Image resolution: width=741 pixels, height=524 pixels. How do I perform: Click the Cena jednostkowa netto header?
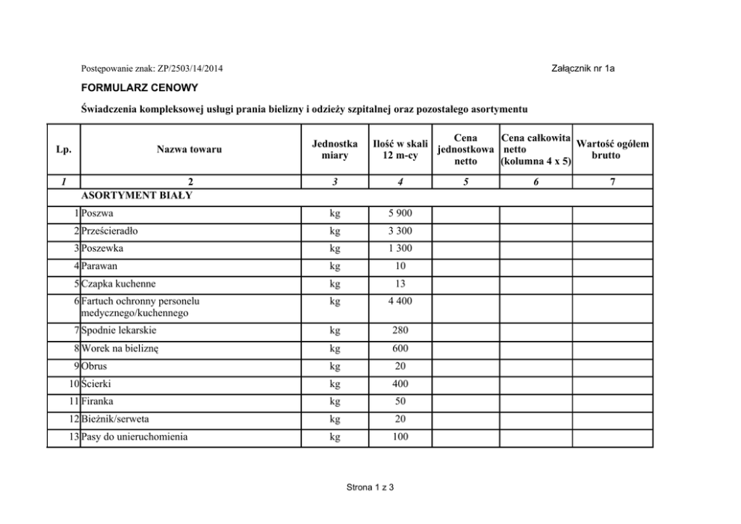point(465,150)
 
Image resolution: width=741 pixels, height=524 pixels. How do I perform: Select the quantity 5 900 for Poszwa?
point(400,214)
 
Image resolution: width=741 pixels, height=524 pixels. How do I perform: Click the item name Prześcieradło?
point(111,231)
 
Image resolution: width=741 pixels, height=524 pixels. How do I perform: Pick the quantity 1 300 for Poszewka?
point(400,248)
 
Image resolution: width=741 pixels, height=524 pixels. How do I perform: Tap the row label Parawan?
point(101,266)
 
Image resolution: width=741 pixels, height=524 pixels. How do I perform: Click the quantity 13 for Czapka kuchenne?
point(400,283)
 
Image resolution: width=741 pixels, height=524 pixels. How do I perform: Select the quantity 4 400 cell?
point(400,301)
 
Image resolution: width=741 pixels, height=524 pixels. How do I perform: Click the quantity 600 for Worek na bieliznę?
point(400,348)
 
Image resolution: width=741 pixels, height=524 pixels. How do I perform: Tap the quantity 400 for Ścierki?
point(400,383)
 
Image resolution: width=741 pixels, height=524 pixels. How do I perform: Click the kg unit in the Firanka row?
point(335,401)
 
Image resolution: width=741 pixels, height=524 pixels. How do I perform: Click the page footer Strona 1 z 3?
point(370,487)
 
